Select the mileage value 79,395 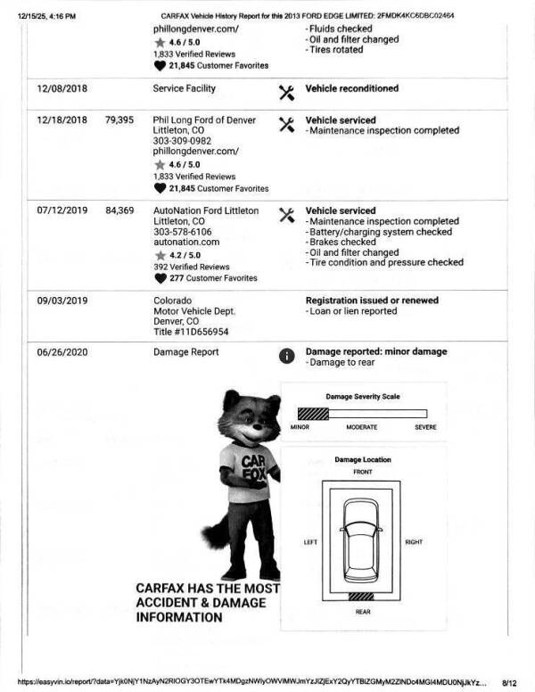(x=119, y=120)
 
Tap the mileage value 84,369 (x=119, y=211)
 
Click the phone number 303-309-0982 (x=182, y=142)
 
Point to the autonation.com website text (x=185, y=243)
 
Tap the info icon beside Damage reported (x=286, y=355)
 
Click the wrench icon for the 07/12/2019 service (x=286, y=215)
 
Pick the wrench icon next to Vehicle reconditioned (x=286, y=92)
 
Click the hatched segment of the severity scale (x=313, y=414)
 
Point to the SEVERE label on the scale (x=425, y=428)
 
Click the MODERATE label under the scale (x=362, y=428)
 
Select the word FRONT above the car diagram (x=362, y=472)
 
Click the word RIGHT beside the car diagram (x=414, y=542)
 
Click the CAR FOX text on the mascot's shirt (x=253, y=465)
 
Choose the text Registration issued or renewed (x=372, y=301)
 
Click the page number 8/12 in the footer (x=509, y=681)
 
